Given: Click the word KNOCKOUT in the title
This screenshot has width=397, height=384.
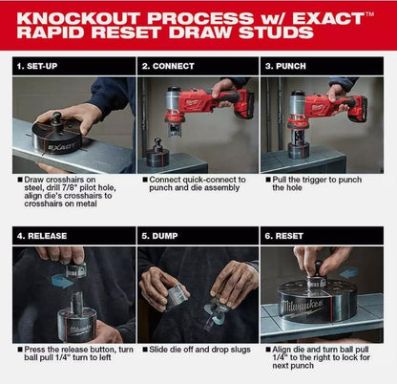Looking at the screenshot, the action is coord(78,18).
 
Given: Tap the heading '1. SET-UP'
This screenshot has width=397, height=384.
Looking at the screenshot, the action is coord(37,66).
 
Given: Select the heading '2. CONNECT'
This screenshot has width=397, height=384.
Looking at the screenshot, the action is coord(168,66).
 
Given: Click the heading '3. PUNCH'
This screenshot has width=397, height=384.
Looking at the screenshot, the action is coord(285,66).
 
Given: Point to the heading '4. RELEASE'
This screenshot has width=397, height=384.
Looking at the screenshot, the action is coord(42,236).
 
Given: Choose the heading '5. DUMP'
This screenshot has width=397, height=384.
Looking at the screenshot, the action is coord(159,236).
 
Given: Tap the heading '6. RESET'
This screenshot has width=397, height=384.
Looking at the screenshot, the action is coord(284,236).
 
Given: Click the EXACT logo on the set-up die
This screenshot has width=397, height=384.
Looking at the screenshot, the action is coord(62,147).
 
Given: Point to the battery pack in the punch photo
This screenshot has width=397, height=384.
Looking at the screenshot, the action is coord(359,109).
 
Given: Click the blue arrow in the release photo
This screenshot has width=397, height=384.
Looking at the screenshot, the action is coord(62,281).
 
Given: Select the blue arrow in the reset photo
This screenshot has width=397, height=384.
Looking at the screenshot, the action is coord(348,272).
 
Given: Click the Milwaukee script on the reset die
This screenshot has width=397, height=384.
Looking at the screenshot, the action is coord(302,307).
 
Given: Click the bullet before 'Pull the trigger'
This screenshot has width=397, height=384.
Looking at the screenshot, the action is coord(268,180).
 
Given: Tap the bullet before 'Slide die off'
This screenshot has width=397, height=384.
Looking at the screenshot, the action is coord(145,350).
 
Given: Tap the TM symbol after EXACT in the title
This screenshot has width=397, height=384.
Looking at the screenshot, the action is coord(369,14).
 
